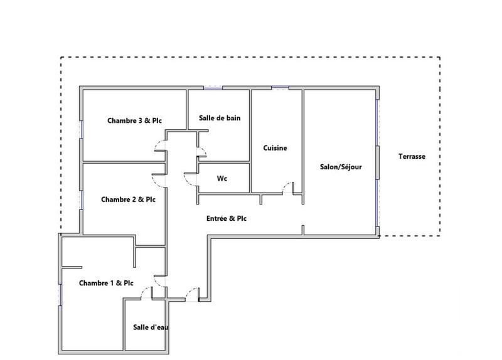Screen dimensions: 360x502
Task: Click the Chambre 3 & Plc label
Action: click(x=133, y=120)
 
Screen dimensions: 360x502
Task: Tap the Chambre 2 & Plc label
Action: click(x=128, y=199)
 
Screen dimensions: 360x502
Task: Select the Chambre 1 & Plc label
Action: click(x=106, y=283)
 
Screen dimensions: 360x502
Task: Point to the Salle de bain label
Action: click(x=220, y=117)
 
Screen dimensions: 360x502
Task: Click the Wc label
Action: click(x=222, y=178)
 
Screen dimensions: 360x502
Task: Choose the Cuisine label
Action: click(x=275, y=148)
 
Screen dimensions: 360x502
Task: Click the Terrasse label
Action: click(x=412, y=157)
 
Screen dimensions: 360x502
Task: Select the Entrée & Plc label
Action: click(x=227, y=218)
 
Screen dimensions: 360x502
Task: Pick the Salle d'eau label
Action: click(x=151, y=327)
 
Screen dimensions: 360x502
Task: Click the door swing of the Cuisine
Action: click(x=288, y=187)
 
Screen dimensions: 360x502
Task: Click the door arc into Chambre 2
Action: click(x=160, y=179)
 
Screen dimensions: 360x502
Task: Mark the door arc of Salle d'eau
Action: click(x=146, y=292)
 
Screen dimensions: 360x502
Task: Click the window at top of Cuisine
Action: click(x=279, y=87)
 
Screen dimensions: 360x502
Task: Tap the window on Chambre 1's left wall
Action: click(x=60, y=294)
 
